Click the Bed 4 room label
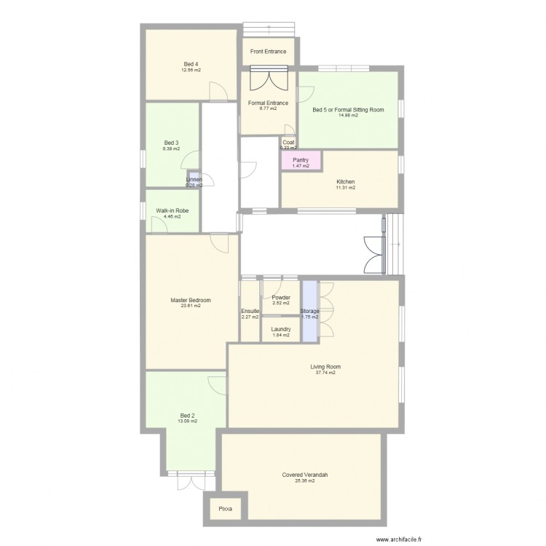(x=191, y=64)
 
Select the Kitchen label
(x=345, y=181)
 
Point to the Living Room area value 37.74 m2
(x=325, y=373)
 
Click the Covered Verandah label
(x=305, y=475)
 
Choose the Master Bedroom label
(x=191, y=300)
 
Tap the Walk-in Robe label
(x=172, y=210)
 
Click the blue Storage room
(x=310, y=312)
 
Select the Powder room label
(x=281, y=297)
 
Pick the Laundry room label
(x=281, y=329)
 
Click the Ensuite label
(x=250, y=312)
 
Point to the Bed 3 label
(x=171, y=143)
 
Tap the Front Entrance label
(x=268, y=52)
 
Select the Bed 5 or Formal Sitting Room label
(x=348, y=110)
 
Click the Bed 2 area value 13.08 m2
(x=187, y=421)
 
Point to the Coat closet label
(x=288, y=143)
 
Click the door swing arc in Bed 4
(x=216, y=91)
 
